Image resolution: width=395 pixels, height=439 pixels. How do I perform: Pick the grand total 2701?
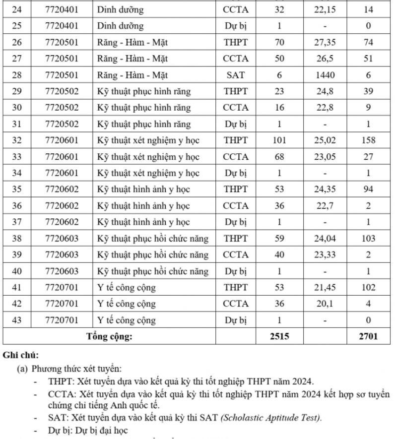[368, 336]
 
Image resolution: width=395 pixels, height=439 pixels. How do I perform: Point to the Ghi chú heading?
[20, 355]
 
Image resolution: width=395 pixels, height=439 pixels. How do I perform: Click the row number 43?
[17, 319]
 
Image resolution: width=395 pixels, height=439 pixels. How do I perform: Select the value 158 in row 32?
[368, 140]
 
